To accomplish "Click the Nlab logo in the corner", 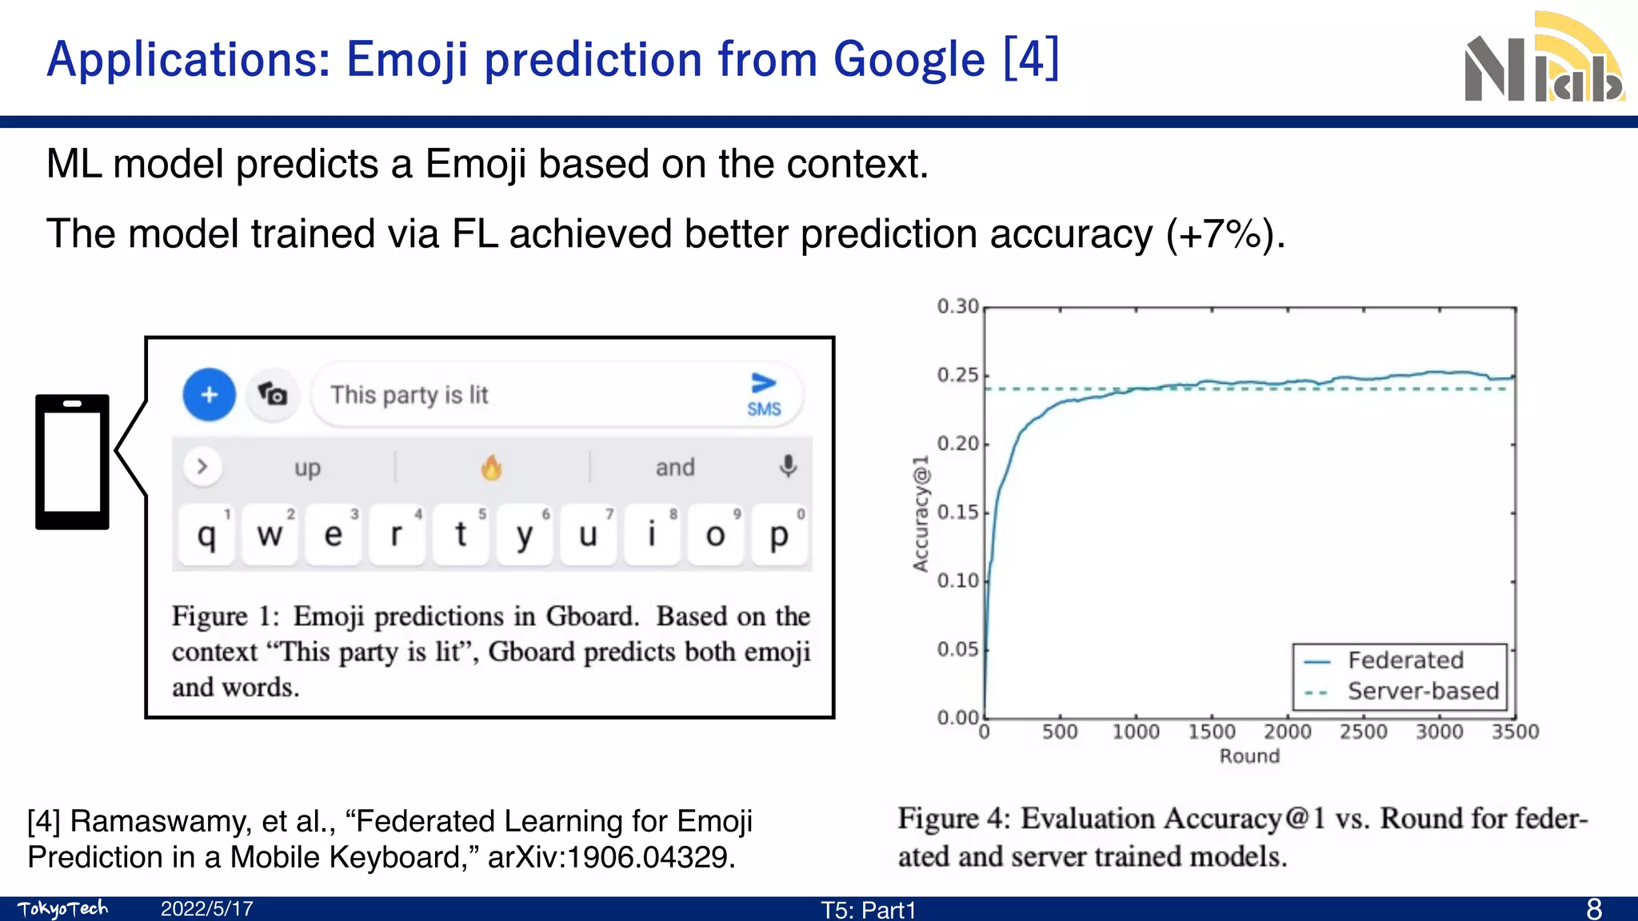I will [1544, 60].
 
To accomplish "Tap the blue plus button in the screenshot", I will [210, 394].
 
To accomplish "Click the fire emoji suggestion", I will [491, 467].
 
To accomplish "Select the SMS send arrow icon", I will [764, 393].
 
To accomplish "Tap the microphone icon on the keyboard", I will [788, 466].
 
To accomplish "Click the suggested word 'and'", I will [675, 467].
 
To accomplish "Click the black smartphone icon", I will [72, 462].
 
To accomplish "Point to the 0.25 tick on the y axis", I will [958, 375].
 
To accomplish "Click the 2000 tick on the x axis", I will [1287, 732].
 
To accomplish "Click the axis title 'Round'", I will [1249, 756].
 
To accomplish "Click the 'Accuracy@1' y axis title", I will [921, 513].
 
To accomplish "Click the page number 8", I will [1593, 909].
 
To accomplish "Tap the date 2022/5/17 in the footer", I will [206, 909].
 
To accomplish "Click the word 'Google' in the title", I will [909, 60].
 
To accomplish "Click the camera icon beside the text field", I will [273, 394].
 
